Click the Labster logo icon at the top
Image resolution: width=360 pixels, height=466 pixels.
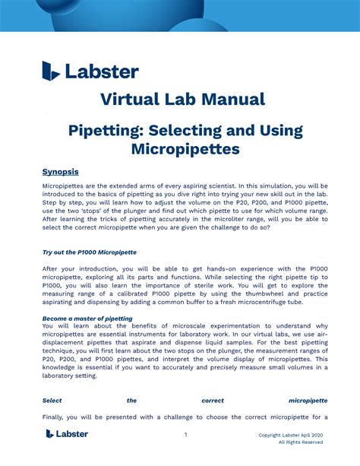(51, 71)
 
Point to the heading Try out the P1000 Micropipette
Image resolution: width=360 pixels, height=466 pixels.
(89, 252)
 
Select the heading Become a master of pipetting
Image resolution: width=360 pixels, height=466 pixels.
(87, 319)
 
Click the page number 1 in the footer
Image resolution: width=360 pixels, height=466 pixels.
(185, 435)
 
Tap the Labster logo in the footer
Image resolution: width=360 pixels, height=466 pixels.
(67, 434)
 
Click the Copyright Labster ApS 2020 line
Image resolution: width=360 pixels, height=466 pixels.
(291, 435)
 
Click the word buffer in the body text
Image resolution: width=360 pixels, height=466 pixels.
(205, 302)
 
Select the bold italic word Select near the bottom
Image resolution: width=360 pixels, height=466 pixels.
(52, 400)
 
